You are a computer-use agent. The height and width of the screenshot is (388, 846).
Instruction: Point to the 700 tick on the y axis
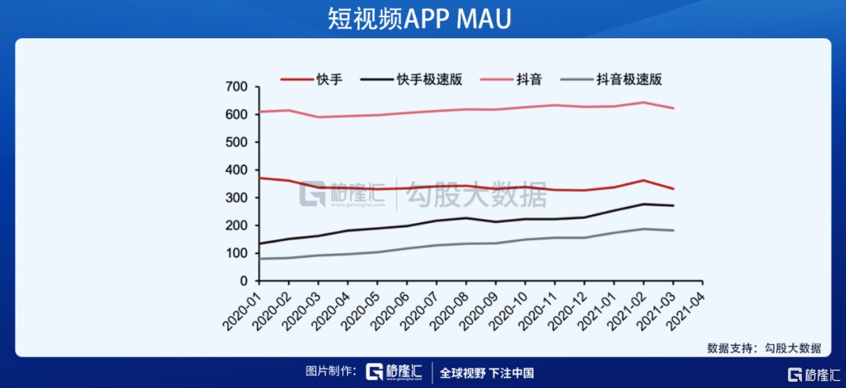point(237,87)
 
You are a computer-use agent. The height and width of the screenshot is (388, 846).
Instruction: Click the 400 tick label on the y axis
point(237,170)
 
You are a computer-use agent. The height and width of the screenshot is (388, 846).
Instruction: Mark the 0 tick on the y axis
point(244,281)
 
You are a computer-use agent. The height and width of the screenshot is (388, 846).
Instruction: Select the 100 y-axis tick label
point(237,253)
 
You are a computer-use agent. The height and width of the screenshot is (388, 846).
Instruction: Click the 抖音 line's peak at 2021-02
point(643,102)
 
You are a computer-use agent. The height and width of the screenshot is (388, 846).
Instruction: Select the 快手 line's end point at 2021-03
point(673,189)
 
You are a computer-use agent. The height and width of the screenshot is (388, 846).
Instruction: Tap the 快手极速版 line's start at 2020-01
point(259,243)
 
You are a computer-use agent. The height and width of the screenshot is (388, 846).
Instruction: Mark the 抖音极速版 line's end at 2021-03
point(673,230)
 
